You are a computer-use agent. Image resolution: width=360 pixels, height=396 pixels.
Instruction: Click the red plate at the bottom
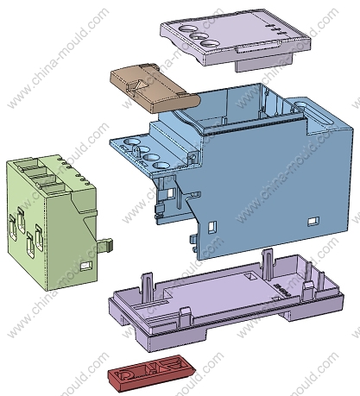coord(151,373)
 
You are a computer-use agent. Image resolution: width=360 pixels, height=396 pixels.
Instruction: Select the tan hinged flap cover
coord(155,88)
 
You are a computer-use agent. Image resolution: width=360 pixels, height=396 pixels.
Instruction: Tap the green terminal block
coord(51,222)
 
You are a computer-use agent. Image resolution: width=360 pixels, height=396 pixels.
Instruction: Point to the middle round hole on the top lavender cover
coord(198,37)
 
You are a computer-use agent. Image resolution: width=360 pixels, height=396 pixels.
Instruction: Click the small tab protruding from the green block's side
coord(106,244)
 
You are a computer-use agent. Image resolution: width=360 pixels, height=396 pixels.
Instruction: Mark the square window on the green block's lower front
coord(86,266)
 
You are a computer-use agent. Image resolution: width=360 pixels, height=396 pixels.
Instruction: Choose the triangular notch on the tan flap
coord(141,85)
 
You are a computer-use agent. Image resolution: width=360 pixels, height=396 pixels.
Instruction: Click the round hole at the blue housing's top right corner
coord(301,106)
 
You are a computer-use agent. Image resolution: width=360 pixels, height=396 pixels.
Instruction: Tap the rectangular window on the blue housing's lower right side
coord(313,221)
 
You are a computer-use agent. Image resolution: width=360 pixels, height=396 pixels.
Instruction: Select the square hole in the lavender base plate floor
coord(250,277)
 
